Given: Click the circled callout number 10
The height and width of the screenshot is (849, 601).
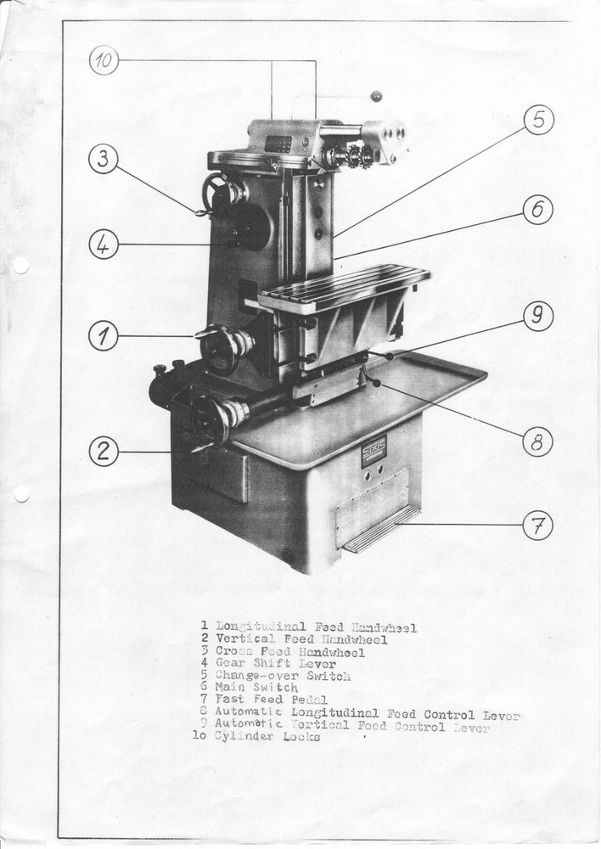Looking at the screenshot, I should (104, 60).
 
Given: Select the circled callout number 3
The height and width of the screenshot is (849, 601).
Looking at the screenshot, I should (103, 159).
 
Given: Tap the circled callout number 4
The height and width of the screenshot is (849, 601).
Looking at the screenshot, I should (103, 245).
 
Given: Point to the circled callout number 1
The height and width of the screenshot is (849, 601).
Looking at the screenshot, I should (103, 336).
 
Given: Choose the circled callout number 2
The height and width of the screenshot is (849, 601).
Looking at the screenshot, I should (103, 452).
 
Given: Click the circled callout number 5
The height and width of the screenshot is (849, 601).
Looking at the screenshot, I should (538, 120).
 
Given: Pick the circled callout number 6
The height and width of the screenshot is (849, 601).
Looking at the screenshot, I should (537, 210).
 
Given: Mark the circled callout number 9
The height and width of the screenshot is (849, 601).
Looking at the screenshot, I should (537, 317).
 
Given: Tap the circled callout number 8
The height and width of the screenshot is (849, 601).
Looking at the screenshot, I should (537, 441).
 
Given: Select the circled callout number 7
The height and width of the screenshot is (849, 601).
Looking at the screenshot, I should (537, 526).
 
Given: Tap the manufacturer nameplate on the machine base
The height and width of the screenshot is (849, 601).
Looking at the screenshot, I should (374, 450).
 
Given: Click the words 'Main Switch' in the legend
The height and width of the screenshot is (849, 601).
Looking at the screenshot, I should (256, 687).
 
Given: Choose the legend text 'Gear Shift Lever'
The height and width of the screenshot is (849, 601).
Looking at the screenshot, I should (275, 664).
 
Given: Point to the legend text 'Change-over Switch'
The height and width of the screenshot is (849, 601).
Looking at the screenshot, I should (282, 676).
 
